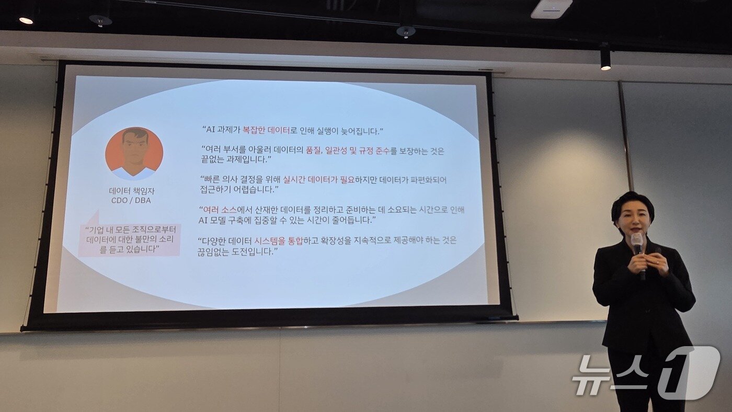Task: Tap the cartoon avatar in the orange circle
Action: pos(134,153)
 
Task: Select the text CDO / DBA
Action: pos(131,200)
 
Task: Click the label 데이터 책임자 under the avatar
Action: pos(132,191)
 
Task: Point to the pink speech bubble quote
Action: pos(130,239)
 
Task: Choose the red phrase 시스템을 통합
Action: pos(278,241)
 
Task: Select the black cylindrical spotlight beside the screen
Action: pos(605,58)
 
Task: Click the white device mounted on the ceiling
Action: pos(551,9)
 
